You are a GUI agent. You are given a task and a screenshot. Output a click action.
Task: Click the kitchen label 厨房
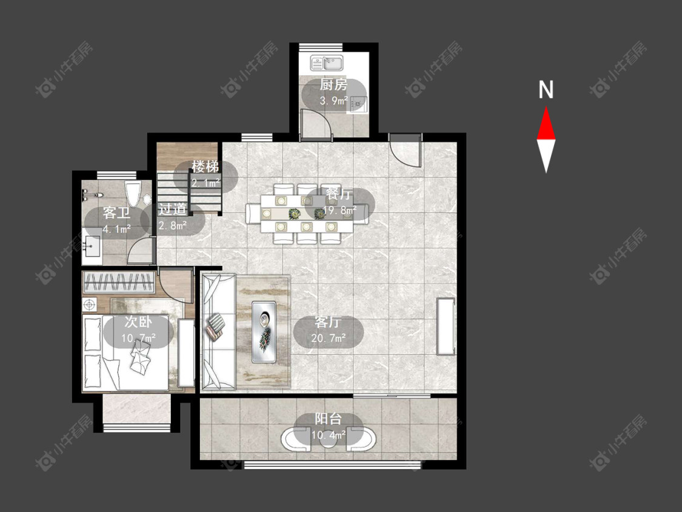pos(333,84)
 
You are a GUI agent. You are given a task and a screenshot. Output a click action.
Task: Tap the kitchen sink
pos(327,62)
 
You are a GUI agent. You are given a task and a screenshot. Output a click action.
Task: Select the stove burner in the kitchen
pos(357,104)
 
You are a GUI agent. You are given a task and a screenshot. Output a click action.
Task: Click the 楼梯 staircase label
pos(206,166)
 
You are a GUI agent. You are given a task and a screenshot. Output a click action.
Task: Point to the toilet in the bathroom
pos(133,194)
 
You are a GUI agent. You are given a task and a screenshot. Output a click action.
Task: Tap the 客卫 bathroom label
pos(116,214)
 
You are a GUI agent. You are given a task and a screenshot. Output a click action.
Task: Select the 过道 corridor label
pos(172,209)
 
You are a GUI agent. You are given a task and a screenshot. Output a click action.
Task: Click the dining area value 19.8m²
pos(339,211)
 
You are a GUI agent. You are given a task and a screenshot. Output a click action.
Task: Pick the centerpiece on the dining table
pos(295,214)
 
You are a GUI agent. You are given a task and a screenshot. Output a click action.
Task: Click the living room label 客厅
pos(329,323)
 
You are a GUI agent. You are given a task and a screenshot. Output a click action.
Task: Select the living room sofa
pos(218,332)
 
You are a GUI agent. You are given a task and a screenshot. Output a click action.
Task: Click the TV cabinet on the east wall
pos(446,326)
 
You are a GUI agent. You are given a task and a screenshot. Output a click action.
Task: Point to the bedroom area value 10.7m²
pos(139,338)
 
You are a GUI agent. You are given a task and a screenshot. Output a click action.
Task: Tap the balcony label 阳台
pos(329,419)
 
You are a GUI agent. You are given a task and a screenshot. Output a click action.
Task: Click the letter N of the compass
pos(546,90)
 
